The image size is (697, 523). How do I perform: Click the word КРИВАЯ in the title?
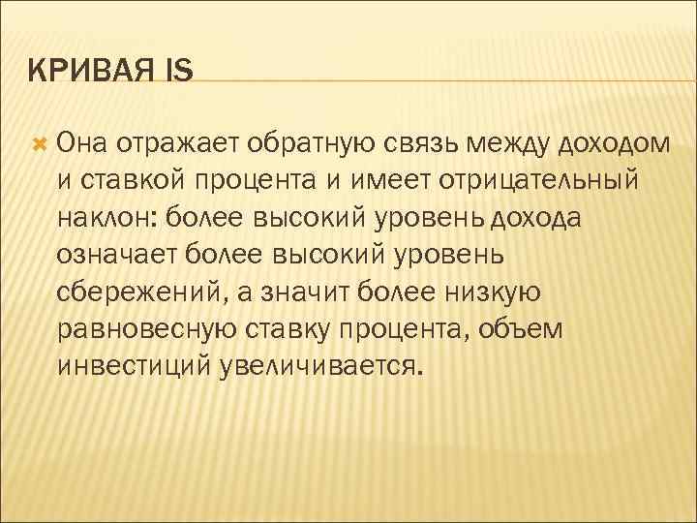[x=84, y=70]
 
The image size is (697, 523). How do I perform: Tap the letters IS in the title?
[x=178, y=70]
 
